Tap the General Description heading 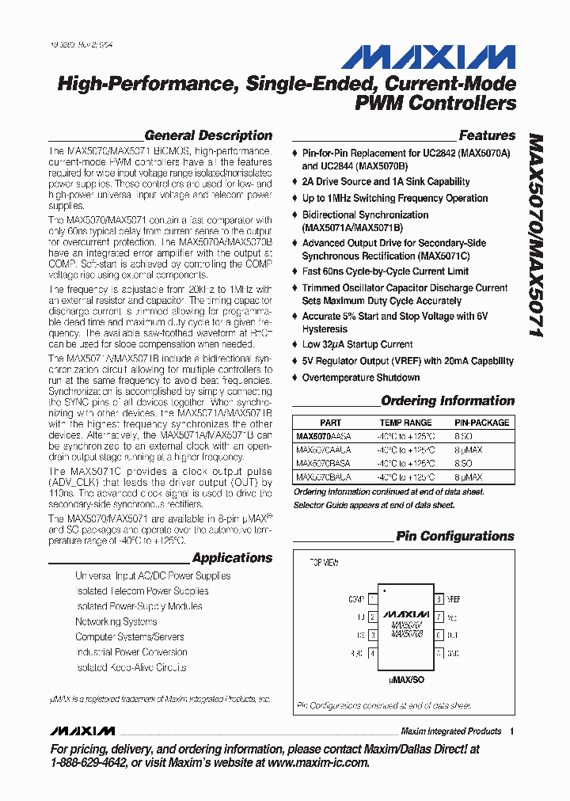click(208, 135)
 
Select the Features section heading click(486, 135)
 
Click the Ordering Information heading click(447, 400)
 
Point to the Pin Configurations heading click(454, 536)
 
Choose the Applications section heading click(232, 558)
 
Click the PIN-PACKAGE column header click(481, 423)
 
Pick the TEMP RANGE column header click(406, 423)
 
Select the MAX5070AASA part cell click(323, 436)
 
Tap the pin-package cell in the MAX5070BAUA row click(469, 477)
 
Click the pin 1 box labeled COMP click(372, 599)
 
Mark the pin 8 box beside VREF click(438, 599)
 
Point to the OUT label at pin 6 click(453, 635)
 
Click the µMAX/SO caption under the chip click(406, 679)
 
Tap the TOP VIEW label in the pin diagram click(324, 563)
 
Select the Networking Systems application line click(116, 621)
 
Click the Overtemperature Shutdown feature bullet click(360, 378)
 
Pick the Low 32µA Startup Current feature click(357, 344)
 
